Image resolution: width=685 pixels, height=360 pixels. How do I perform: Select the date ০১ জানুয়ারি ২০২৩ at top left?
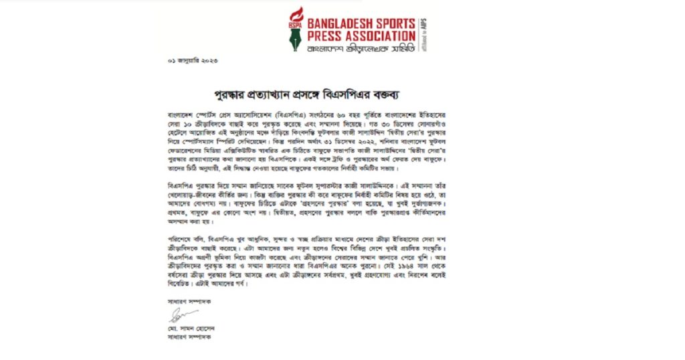pos(195,62)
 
